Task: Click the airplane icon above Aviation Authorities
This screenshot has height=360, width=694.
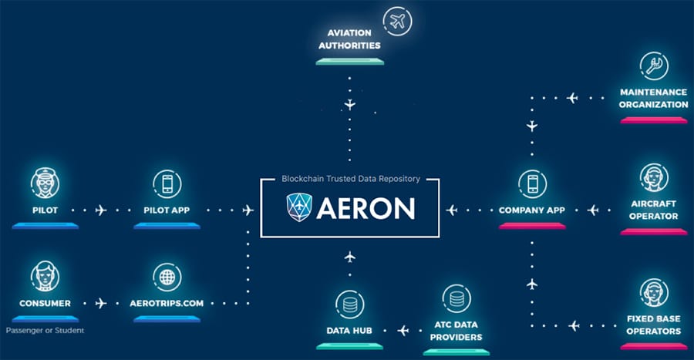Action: pos(396,22)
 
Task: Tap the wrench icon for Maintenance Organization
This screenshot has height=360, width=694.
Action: pos(653,67)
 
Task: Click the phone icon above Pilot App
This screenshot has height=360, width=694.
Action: pos(167,183)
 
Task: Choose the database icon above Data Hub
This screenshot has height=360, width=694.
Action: pos(350,304)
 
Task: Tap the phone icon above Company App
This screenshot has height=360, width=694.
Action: pos(532,183)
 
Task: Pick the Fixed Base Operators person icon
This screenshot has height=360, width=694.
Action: pos(653,292)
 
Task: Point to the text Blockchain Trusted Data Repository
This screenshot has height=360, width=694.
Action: pos(350,179)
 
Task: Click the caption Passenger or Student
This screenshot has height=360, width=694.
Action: pos(45,331)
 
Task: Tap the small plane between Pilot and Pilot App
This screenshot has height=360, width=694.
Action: pos(101,209)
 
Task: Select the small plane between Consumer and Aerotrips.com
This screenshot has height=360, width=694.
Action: pos(101,303)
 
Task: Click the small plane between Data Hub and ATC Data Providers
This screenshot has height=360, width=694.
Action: pos(403,330)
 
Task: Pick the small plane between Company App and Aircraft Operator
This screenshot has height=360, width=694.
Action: pos(592,209)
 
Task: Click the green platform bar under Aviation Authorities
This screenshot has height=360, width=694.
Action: pos(350,61)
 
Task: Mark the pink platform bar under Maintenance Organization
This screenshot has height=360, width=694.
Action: pos(653,119)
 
